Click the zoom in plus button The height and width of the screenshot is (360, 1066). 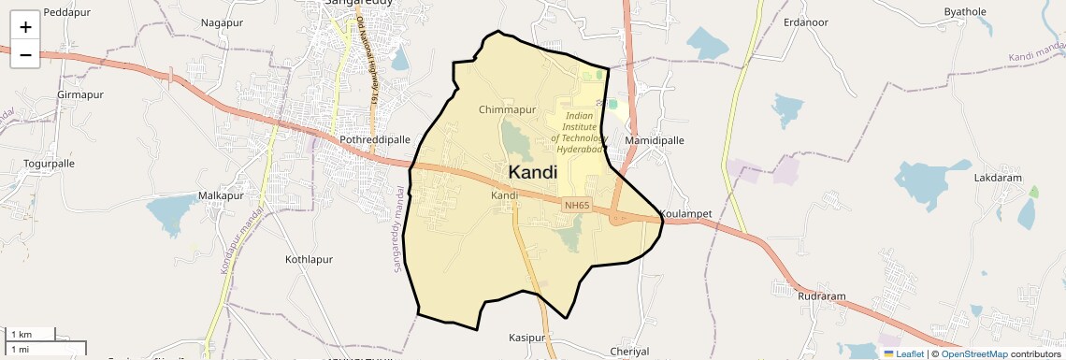25,27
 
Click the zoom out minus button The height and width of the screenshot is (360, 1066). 25,55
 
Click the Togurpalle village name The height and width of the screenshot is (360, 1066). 49,163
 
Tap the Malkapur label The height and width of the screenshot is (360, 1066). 221,195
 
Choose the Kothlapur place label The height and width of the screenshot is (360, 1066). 309,258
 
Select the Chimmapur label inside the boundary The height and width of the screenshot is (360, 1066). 507,109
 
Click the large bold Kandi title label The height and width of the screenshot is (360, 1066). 532,172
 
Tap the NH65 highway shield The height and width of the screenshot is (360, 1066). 577,204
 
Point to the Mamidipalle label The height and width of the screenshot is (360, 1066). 655,140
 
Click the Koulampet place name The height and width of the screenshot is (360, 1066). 686,213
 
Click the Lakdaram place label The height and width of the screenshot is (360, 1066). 998,178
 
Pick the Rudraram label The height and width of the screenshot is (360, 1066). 822,296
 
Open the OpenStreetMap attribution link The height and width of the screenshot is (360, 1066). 973,353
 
